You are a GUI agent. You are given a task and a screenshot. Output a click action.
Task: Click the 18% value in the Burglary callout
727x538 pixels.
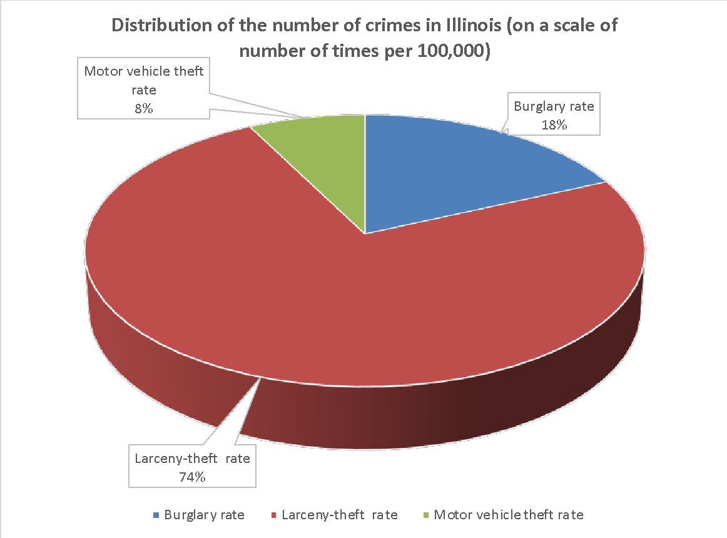[x=554, y=124]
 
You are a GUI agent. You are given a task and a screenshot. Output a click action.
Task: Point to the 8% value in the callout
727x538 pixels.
[x=143, y=108]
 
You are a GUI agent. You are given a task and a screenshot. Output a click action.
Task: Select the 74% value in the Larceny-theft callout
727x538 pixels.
[x=192, y=477]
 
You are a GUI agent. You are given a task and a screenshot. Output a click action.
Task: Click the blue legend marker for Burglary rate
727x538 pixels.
[x=156, y=515]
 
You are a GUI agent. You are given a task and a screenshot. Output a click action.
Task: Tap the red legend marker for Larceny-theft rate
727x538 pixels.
[x=274, y=515]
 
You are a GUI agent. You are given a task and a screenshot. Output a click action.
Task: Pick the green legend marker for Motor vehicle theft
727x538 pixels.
[x=426, y=515]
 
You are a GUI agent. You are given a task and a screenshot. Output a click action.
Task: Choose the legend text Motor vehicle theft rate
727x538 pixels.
[x=509, y=515]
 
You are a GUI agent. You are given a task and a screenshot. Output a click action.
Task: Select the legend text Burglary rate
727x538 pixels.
[x=204, y=515]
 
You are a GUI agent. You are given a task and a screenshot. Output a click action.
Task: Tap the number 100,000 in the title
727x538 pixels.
[x=444, y=51]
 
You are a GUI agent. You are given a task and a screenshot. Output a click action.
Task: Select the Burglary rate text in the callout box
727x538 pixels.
[x=554, y=106]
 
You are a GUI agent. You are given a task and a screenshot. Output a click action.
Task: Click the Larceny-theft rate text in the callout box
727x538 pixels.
[x=192, y=459]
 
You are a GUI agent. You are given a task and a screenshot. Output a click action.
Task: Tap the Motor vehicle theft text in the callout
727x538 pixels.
[x=143, y=71]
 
